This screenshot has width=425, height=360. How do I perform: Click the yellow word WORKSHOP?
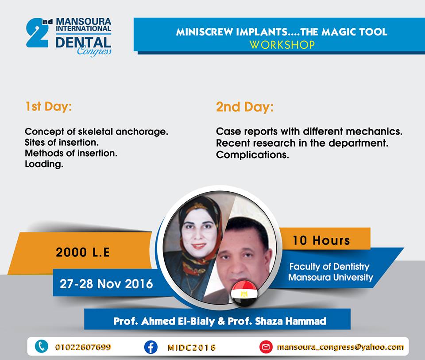click(282, 45)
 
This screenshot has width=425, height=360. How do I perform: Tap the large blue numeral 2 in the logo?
click(37, 33)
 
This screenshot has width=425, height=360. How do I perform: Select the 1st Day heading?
click(49, 106)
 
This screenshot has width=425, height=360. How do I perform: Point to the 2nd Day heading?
click(245, 107)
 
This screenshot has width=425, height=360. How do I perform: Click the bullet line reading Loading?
click(44, 164)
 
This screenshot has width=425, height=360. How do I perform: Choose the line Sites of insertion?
click(62, 142)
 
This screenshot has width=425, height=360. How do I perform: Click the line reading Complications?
click(252, 155)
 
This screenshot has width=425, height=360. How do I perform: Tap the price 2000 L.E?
click(83, 252)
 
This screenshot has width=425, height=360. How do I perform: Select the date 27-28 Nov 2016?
click(106, 284)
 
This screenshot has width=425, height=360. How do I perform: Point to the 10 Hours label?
click(321, 240)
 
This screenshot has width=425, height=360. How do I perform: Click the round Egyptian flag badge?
click(244, 294)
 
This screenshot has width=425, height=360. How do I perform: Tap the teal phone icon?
click(42, 346)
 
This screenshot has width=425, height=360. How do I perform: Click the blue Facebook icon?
click(151, 347)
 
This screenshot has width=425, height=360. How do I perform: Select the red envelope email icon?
click(266, 347)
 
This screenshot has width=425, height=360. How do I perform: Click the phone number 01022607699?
click(83, 347)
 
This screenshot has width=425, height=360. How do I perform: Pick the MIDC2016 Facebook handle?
click(191, 348)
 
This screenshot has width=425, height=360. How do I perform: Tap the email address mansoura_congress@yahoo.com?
click(340, 347)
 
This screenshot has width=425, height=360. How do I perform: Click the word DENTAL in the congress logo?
click(83, 43)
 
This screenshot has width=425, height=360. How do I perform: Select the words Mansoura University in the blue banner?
click(330, 277)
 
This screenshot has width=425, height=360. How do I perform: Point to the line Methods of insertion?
click(71, 153)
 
